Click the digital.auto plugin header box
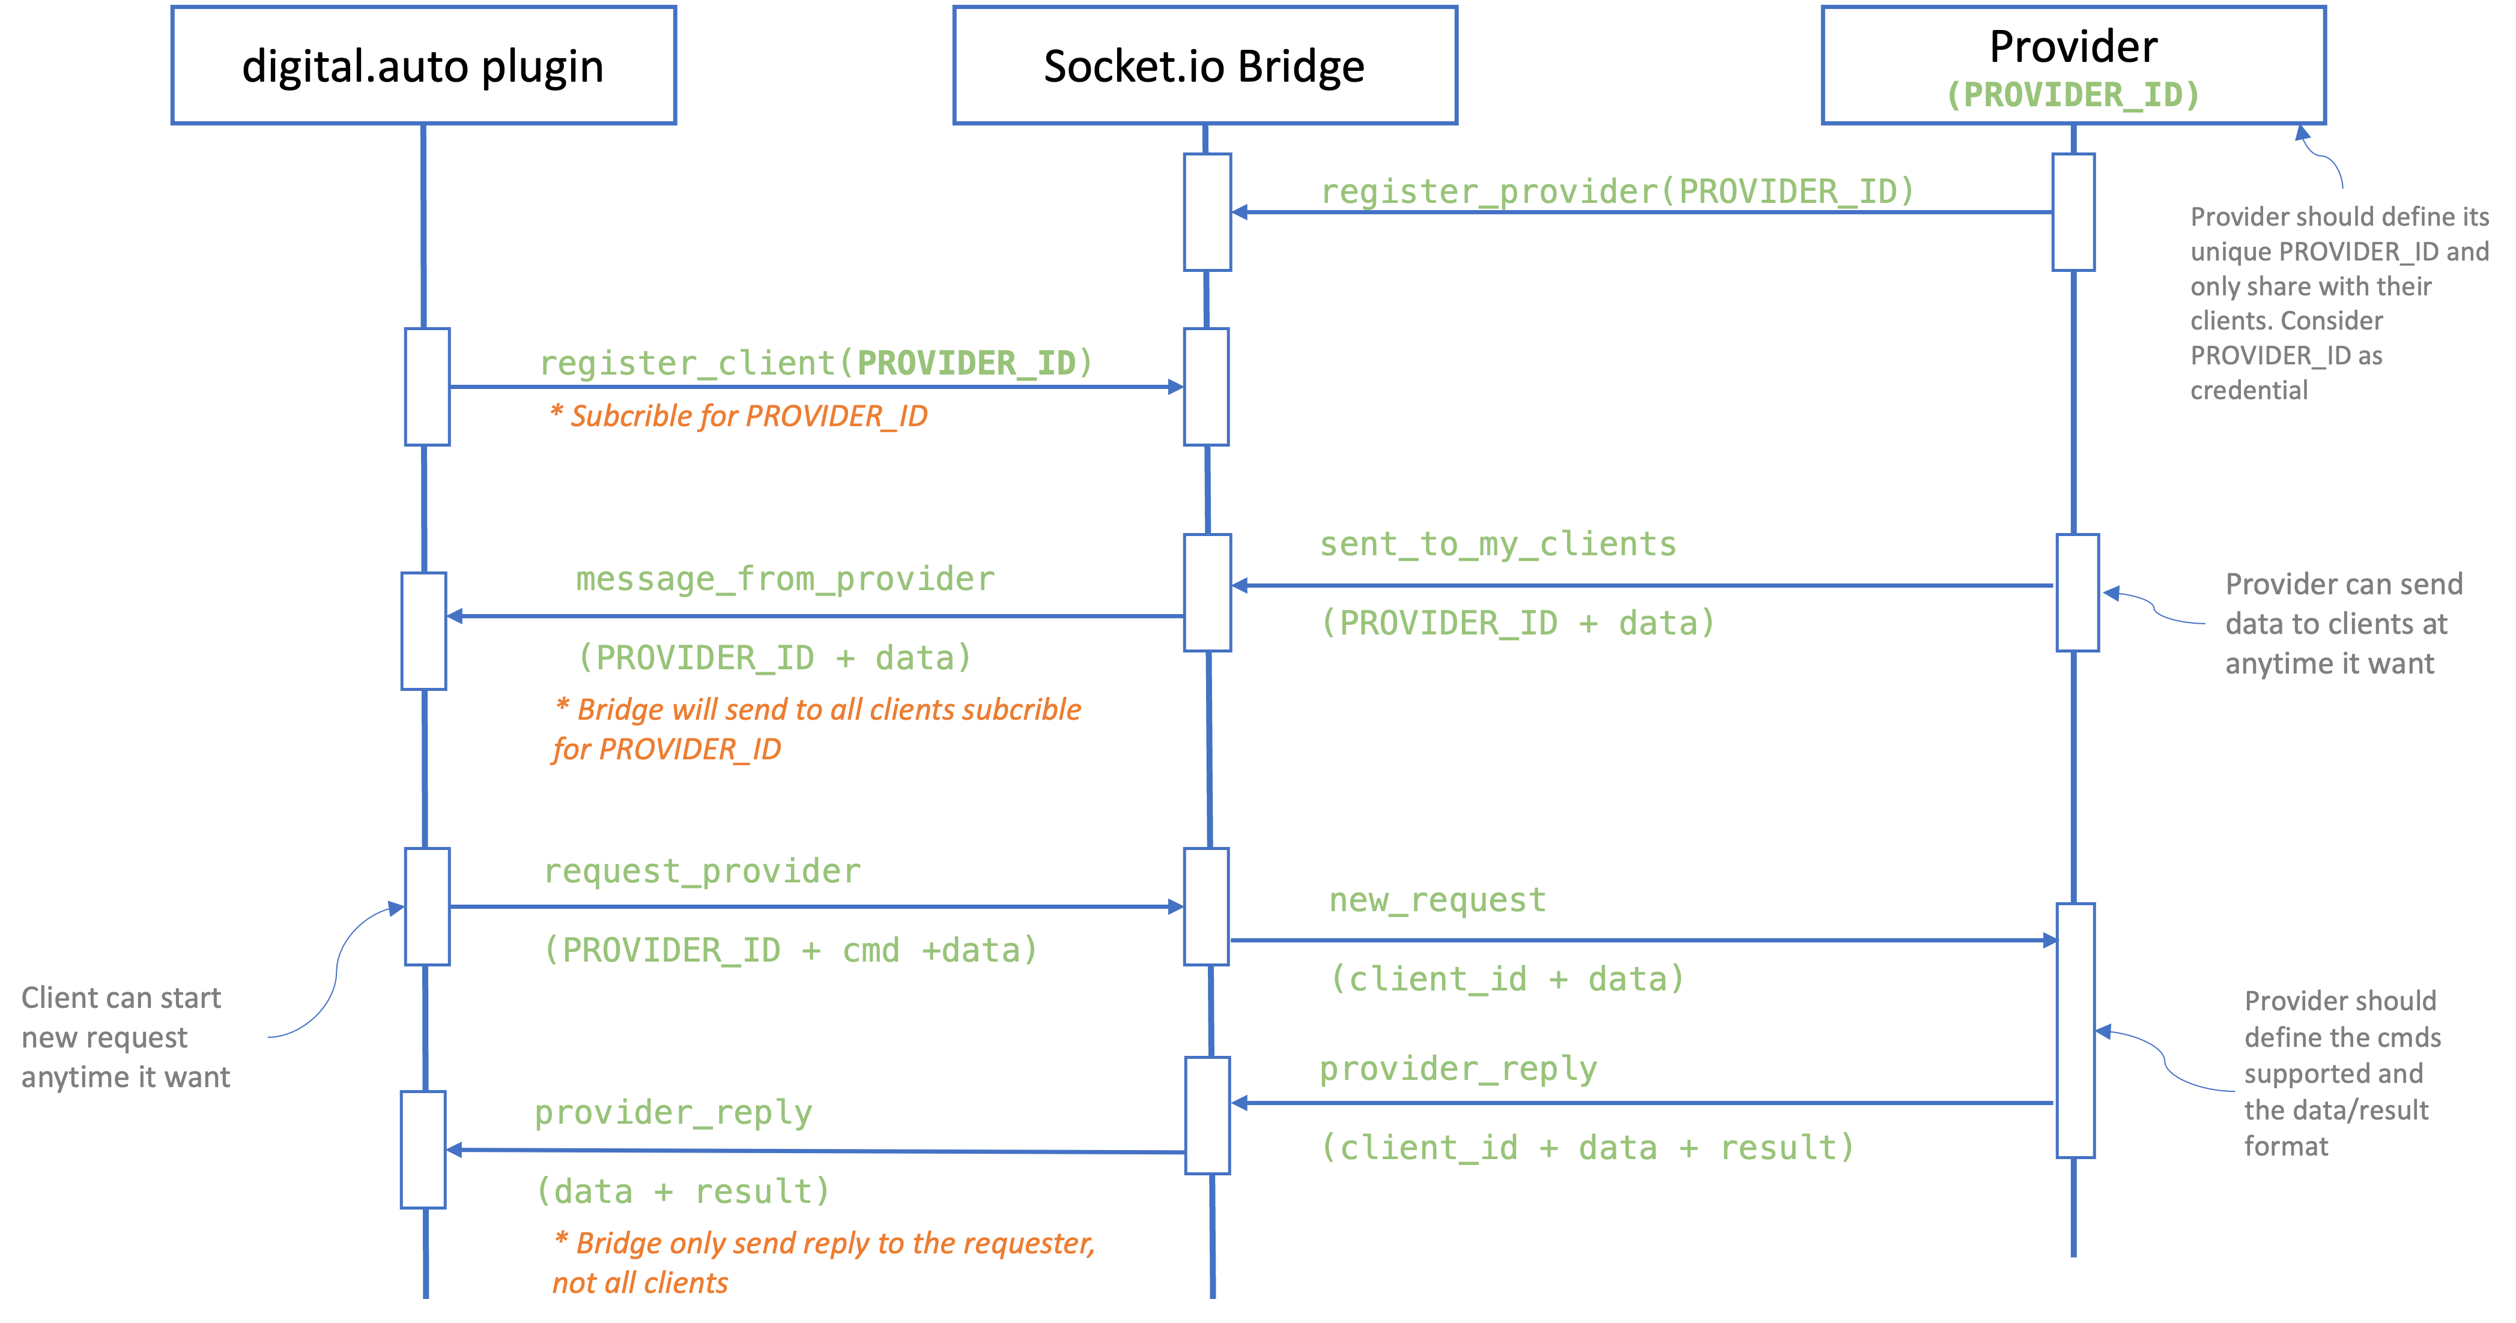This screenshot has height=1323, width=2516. point(423,65)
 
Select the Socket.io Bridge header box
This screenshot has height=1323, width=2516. point(1204,65)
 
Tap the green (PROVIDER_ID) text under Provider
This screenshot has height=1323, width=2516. point(2073,95)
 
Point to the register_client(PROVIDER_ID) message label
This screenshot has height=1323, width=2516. point(816,363)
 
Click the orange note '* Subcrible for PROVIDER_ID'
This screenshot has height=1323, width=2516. point(738,416)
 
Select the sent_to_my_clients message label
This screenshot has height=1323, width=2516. point(1497,544)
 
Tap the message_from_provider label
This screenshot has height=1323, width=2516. point(784,579)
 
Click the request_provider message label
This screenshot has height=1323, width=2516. point(702,871)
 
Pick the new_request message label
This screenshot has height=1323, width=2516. point(1437,899)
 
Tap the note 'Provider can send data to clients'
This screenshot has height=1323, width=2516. point(2343,624)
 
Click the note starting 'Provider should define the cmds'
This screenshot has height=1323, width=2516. point(2341,1073)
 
